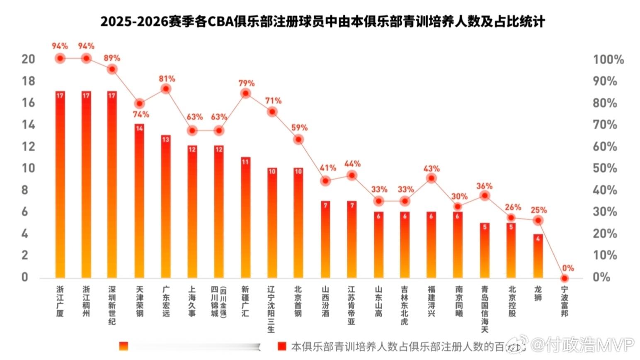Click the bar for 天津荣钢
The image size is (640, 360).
tap(139, 201)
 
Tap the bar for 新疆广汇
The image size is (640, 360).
tap(245, 217)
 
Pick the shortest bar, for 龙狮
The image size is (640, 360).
tap(538, 256)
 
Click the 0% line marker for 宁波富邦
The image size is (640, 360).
tap(564, 278)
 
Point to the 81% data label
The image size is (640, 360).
tap(167, 79)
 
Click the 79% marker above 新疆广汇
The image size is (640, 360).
tap(245, 93)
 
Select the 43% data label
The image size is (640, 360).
tap(432, 169)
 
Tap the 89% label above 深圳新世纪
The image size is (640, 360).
tap(112, 58)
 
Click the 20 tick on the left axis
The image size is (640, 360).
tap(28, 59)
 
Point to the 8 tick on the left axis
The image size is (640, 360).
tap(25, 190)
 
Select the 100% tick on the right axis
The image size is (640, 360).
tap(608, 60)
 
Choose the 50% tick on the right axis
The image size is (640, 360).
tap(605, 168)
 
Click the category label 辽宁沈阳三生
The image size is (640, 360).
tap(272, 309)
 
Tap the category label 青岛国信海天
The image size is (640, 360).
tap(485, 309)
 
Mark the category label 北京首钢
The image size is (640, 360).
tap(298, 301)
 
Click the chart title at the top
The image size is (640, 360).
tap(322, 22)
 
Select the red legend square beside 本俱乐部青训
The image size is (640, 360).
tap(282, 346)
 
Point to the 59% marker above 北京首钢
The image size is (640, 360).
tap(298, 140)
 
